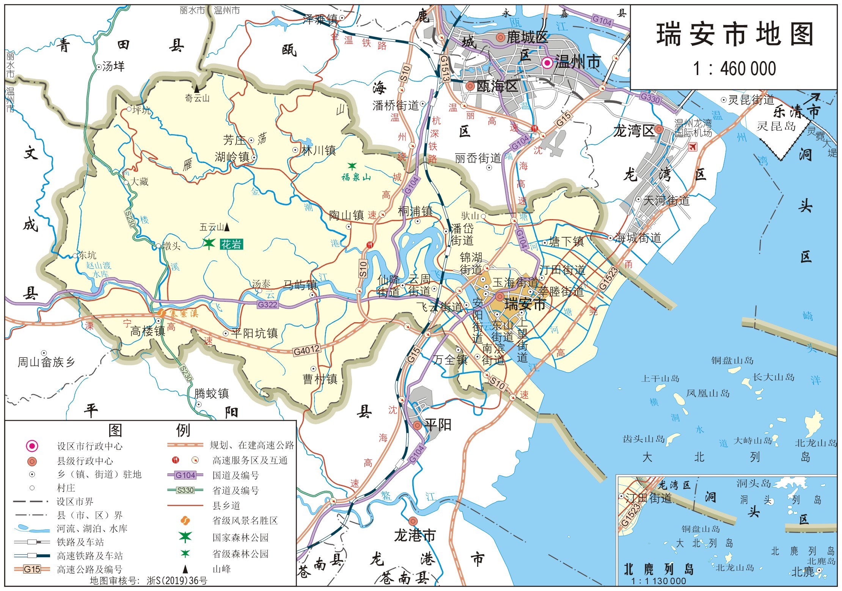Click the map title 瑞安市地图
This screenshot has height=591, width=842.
coord(735,34)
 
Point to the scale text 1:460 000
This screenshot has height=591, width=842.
coord(734,69)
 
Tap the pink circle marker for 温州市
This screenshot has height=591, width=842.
coord(547,63)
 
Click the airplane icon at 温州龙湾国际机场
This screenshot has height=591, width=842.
coord(693,146)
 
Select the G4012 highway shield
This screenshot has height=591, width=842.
coord(307,350)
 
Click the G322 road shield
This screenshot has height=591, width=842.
coord(268,304)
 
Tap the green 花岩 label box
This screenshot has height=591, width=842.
coord(231,245)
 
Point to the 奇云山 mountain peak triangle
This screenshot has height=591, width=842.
coord(197,89)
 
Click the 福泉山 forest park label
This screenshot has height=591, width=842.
coord(356,177)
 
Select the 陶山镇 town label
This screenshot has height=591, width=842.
coord(346,215)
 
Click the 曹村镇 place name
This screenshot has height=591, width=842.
coord(320,379)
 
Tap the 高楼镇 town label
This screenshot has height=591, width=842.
coord(148,331)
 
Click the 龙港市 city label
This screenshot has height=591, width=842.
coord(415,535)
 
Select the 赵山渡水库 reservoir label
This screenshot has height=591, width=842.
coord(99,269)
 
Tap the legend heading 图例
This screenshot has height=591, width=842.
coord(149,430)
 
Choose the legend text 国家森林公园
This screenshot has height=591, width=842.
coord(240,538)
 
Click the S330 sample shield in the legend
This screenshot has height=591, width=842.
coord(185,490)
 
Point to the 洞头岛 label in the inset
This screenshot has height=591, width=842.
coord(754,483)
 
